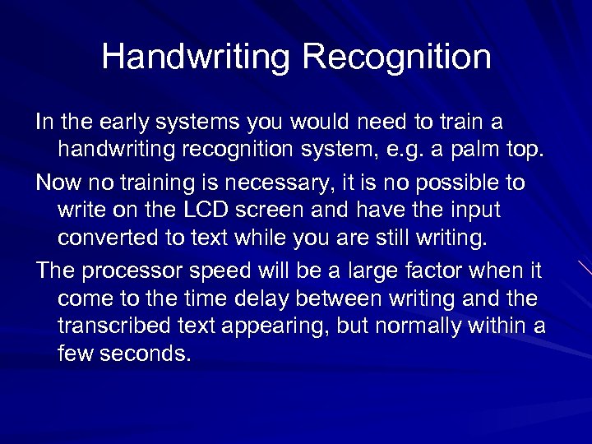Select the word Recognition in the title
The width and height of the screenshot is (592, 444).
[396, 58]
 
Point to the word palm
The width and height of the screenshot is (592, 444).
[479, 150]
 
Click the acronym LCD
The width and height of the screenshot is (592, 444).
[202, 210]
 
